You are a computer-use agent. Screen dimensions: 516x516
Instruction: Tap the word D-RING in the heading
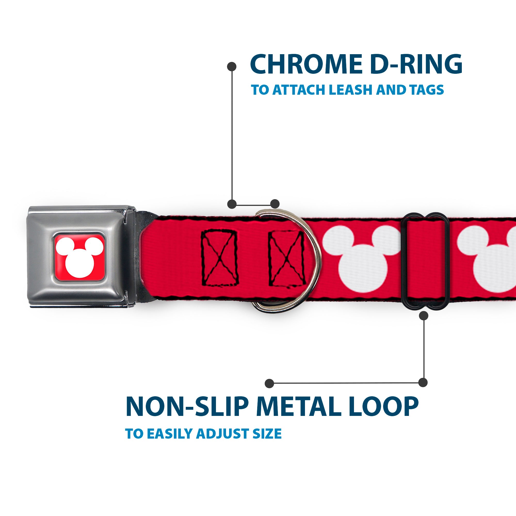point(416,64)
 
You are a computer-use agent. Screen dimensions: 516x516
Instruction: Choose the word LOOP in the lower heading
point(385,407)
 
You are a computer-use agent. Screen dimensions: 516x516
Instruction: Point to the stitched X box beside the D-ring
point(287,258)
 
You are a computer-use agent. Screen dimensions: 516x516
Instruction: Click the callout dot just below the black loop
point(424,316)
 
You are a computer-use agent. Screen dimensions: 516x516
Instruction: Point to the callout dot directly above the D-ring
point(275,204)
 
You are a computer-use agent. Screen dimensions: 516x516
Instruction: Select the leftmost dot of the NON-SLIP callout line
point(270,384)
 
